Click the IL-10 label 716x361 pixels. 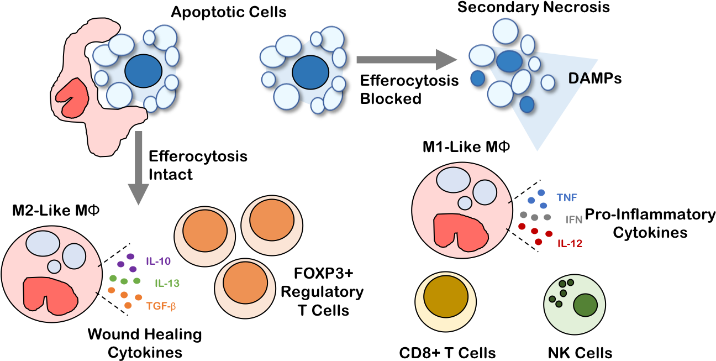(x=159, y=261)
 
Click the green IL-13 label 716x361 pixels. (x=167, y=284)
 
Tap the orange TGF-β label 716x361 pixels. (x=161, y=306)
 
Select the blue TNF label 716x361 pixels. (x=567, y=197)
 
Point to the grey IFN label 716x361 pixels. (x=574, y=220)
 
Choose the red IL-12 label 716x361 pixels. (x=570, y=243)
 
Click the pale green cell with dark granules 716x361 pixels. (x=574, y=304)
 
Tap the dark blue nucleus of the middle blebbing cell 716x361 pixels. (x=310, y=72)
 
